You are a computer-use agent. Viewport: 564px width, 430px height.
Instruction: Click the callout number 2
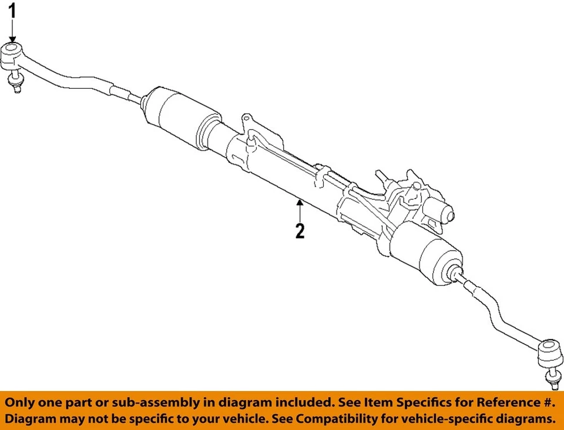pyautogui.click(x=300, y=231)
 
